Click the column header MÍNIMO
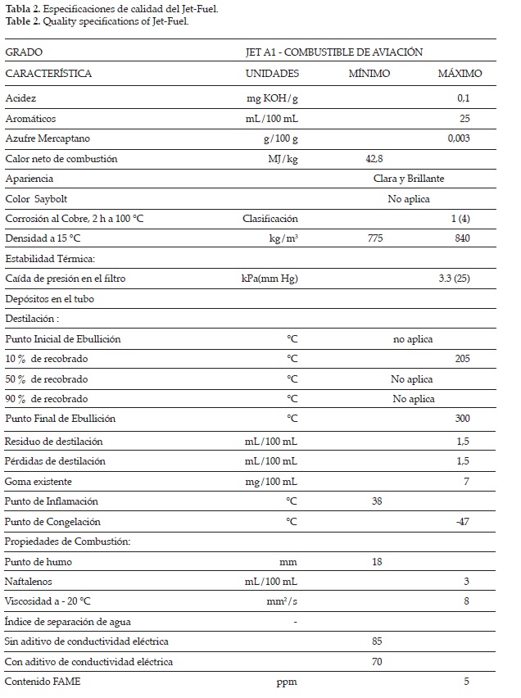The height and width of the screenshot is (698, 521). click(x=369, y=74)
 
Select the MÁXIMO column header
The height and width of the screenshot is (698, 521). click(x=460, y=74)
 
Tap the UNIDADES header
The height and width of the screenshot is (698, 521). click(x=272, y=74)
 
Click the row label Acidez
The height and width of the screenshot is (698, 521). click(x=20, y=98)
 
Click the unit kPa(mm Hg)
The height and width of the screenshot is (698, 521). click(x=264, y=279)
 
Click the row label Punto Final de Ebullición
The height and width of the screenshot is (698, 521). click(x=60, y=419)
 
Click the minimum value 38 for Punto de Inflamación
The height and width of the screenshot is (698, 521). click(x=378, y=501)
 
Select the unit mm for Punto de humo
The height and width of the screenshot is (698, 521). click(x=289, y=562)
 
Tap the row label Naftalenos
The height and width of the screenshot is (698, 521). click(x=27, y=582)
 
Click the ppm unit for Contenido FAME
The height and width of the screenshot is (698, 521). click(x=288, y=682)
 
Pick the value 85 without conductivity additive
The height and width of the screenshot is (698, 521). click(x=378, y=641)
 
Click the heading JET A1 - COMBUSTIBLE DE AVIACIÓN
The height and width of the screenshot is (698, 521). click(x=333, y=52)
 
